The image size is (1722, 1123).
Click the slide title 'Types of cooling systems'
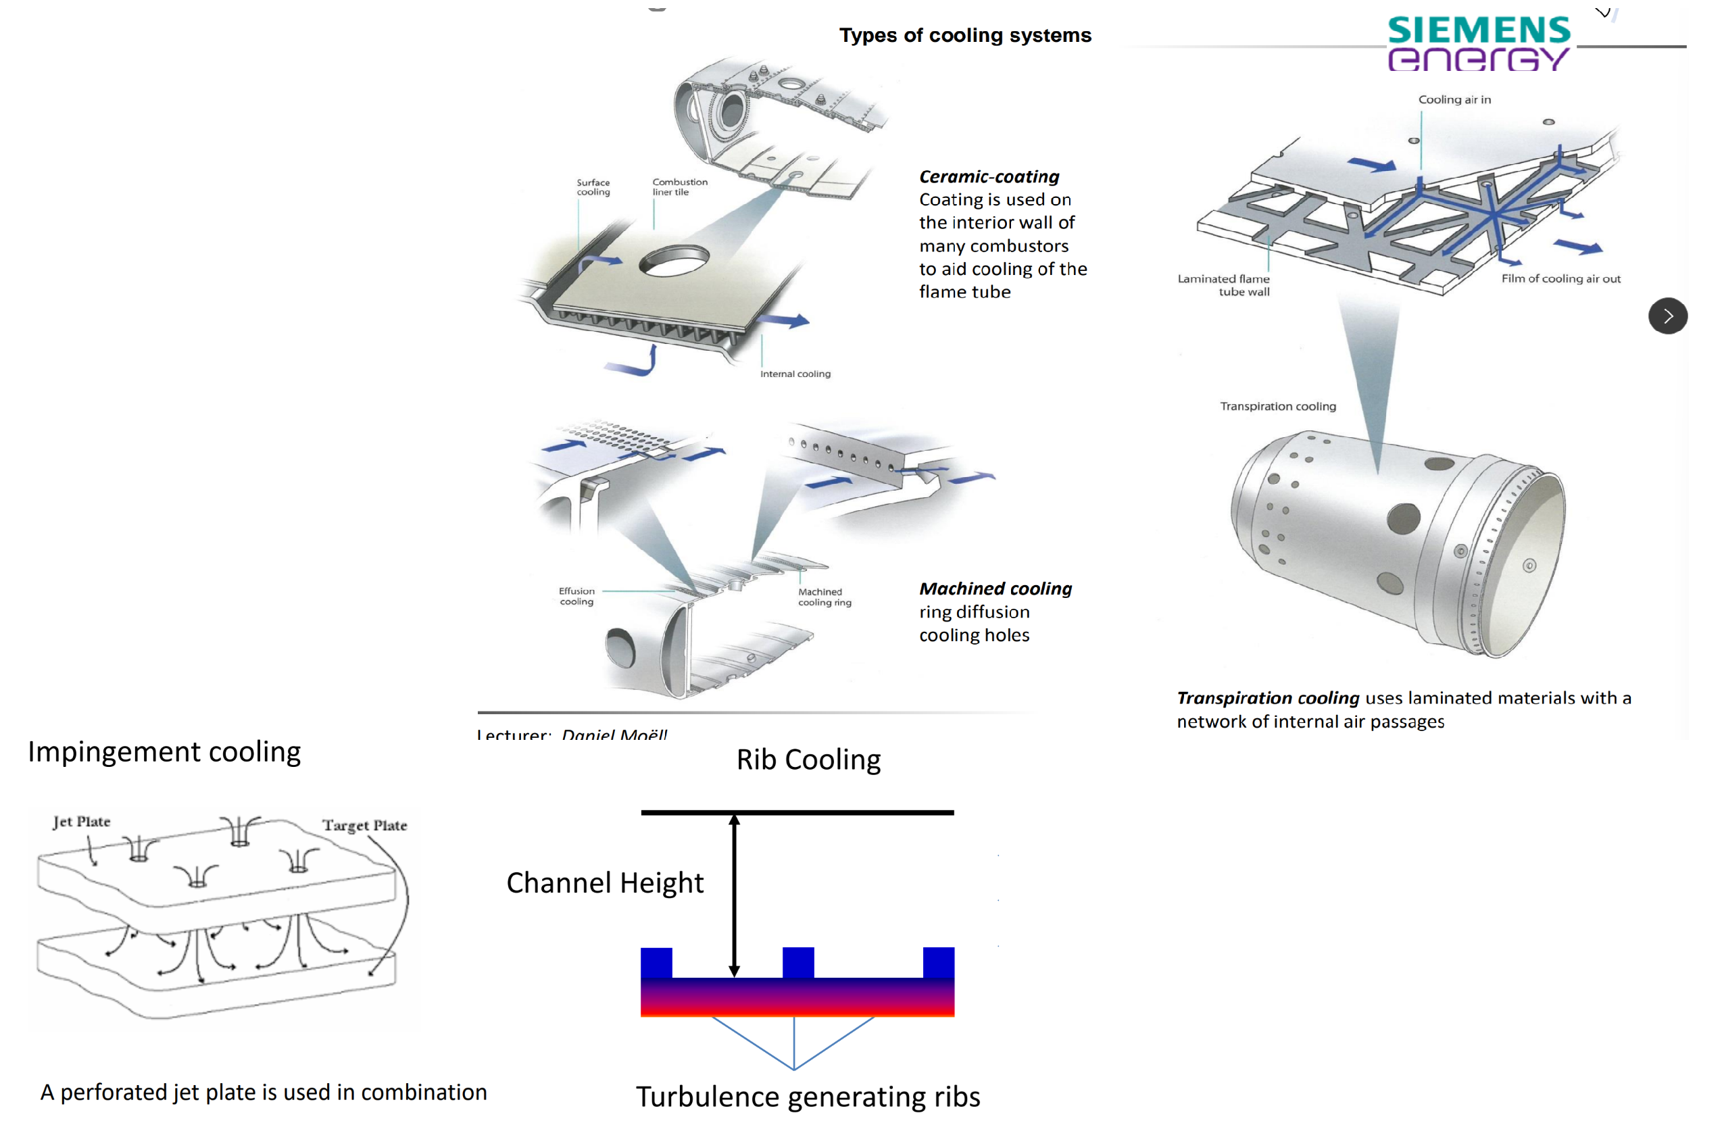tap(964, 35)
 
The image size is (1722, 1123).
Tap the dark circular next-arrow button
tap(1667, 316)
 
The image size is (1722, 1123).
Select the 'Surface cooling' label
tap(593, 187)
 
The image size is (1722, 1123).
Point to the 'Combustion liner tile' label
tap(679, 186)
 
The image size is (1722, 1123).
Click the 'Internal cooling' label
tap(795, 374)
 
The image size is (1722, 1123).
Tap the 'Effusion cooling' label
tap(576, 596)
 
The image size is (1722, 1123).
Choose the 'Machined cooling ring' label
tap(824, 597)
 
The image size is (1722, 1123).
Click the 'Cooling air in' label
tap(1454, 100)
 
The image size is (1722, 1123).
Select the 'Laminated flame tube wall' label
tap(1223, 285)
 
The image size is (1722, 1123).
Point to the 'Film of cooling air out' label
tap(1560, 278)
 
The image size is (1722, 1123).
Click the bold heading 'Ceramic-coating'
tap(989, 176)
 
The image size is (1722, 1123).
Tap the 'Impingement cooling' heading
tap(164, 752)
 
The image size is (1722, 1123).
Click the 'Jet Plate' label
tap(82, 822)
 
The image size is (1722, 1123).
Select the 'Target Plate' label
tap(365, 826)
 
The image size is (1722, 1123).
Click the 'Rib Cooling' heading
tap(808, 759)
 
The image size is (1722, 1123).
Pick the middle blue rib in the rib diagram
tap(798, 962)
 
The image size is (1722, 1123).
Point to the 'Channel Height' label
tap(605, 882)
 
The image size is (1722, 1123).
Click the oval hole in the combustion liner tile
tap(674, 261)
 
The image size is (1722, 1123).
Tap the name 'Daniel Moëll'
tap(614, 734)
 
